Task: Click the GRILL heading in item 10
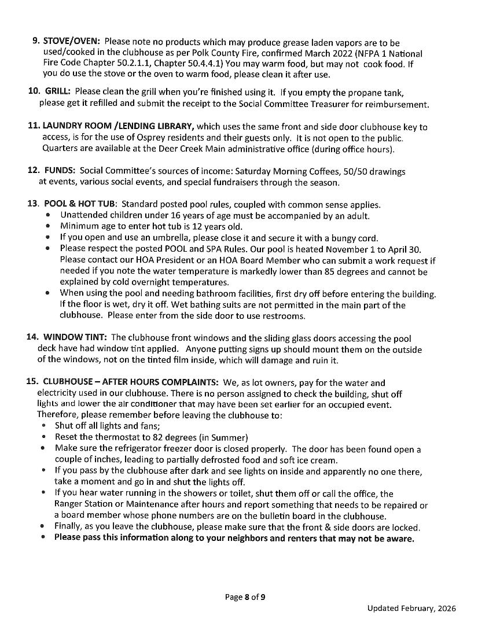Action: pos(57,92)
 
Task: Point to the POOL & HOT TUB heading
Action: pos(80,204)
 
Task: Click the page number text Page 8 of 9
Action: pos(245,597)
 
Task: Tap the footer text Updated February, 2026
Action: pos(411,608)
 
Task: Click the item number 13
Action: pos(32,204)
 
